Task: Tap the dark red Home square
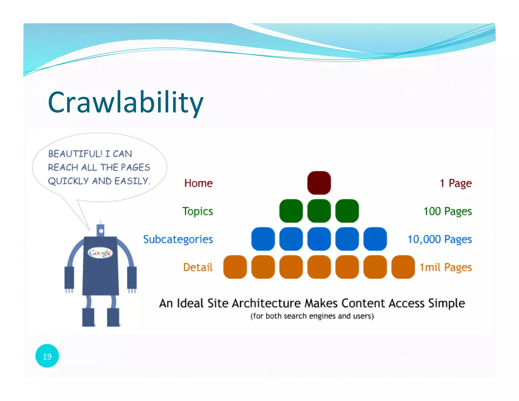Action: coord(319,183)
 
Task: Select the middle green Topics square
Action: coord(319,211)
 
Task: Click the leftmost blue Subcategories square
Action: coord(263,239)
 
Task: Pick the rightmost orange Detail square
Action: coord(403,267)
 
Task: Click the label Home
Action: coord(198,183)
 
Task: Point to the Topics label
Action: coord(198,211)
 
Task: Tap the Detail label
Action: coord(198,267)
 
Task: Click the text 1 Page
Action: coord(456,183)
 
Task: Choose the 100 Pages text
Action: coord(448,211)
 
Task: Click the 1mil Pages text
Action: coord(446,267)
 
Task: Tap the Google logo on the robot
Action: coord(100,253)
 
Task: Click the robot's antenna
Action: coord(101,230)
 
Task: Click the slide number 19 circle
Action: coord(47,356)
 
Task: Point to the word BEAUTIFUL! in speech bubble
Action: coord(75,154)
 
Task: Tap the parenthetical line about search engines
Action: coord(312,316)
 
